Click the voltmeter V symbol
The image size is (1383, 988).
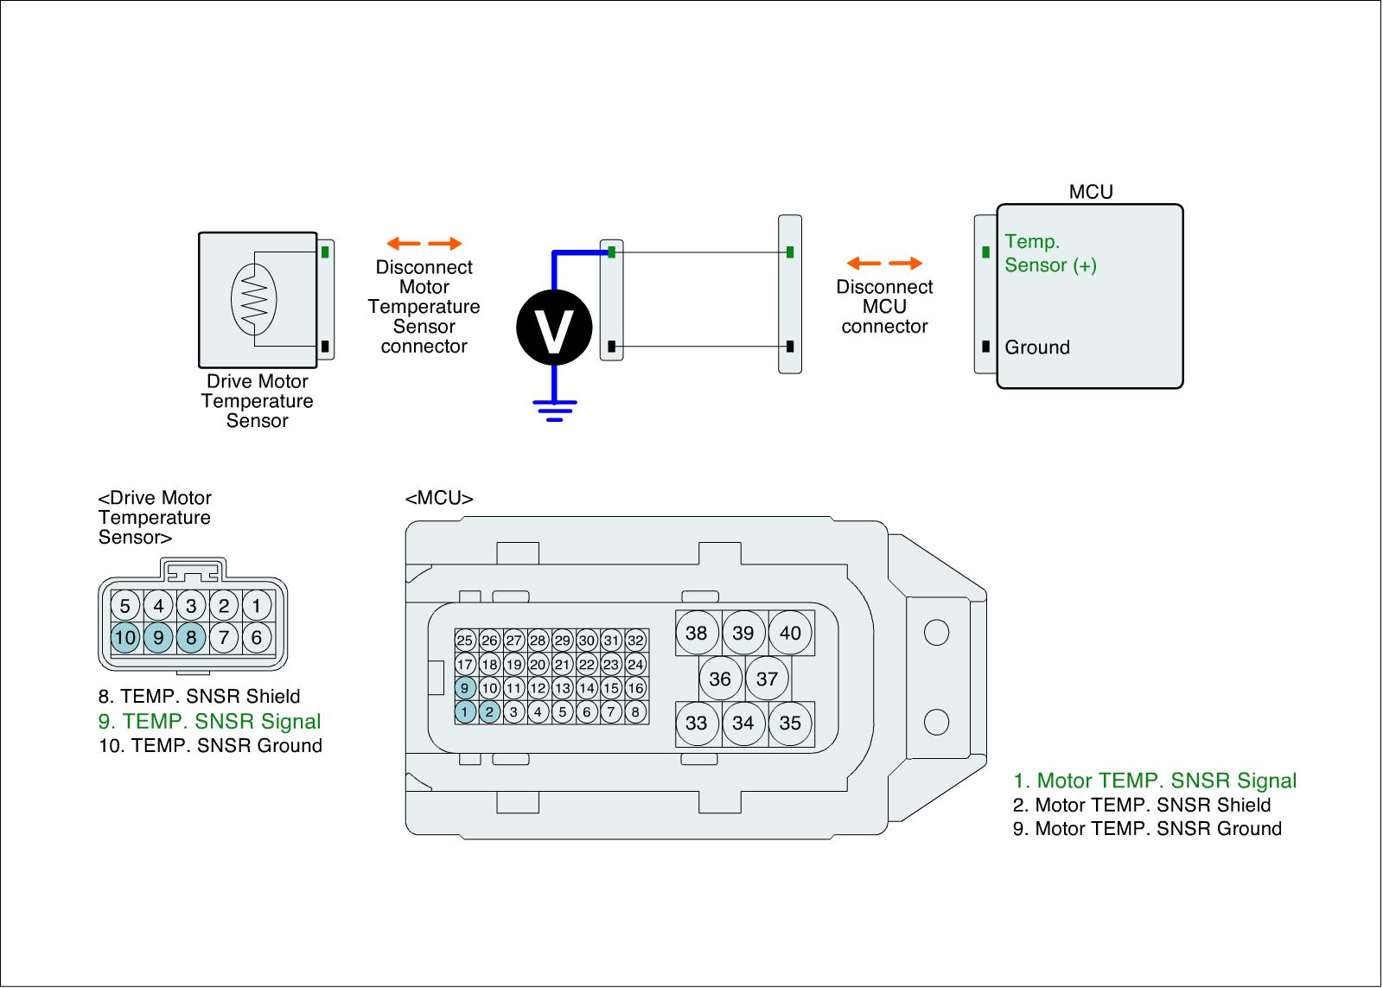pyautogui.click(x=554, y=328)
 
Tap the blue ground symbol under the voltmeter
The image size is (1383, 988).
pyautogui.click(x=554, y=411)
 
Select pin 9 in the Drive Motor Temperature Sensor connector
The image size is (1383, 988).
pyautogui.click(x=158, y=637)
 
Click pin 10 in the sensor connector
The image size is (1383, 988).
pyautogui.click(x=125, y=637)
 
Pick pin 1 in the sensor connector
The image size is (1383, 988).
pyautogui.click(x=256, y=606)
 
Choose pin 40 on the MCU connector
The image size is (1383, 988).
pyautogui.click(x=790, y=633)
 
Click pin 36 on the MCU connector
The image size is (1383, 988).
pyautogui.click(x=720, y=679)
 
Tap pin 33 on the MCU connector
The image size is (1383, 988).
pyautogui.click(x=697, y=723)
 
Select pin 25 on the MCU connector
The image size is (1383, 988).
pyautogui.click(x=465, y=641)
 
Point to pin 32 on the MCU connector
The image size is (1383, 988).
pyautogui.click(x=635, y=641)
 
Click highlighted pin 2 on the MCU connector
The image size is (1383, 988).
pyautogui.click(x=489, y=711)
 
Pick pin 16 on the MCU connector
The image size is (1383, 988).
pyautogui.click(x=635, y=687)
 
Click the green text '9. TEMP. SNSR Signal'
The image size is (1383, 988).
pyautogui.click(x=209, y=721)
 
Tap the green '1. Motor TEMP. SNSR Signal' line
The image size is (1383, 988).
pyautogui.click(x=1155, y=781)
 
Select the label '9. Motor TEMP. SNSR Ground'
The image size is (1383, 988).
pyautogui.click(x=1147, y=828)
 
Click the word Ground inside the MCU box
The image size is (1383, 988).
pyautogui.click(x=1037, y=347)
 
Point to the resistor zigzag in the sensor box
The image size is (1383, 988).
pyautogui.click(x=254, y=299)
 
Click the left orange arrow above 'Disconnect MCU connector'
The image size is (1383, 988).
pyautogui.click(x=864, y=264)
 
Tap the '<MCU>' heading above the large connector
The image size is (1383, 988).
pyautogui.click(x=439, y=498)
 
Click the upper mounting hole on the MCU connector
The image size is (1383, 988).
pyautogui.click(x=936, y=633)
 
